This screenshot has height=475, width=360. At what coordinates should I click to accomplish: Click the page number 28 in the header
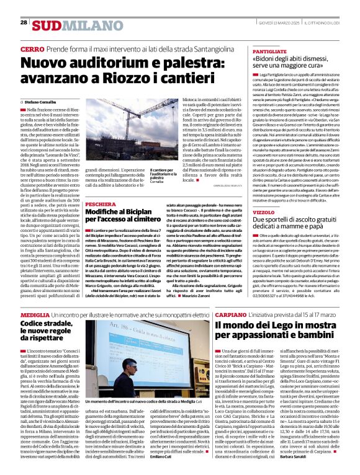[24, 22]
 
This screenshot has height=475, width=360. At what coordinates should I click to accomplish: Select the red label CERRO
[32, 48]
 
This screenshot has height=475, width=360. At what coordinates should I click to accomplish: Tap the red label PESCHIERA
[100, 204]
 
